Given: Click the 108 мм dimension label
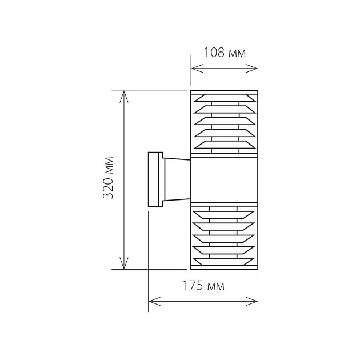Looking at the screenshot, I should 225,54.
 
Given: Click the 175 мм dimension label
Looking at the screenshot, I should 203,286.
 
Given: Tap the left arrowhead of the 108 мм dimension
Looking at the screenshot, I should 194,69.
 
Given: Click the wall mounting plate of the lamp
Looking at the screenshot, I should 154,179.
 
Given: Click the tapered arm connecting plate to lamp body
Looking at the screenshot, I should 175,179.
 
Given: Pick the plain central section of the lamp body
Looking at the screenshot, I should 224,179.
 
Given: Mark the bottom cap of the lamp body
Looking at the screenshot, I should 224,267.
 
